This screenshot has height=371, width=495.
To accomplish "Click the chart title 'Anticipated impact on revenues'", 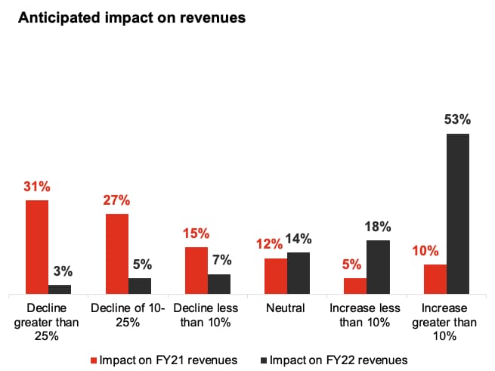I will point(131,19).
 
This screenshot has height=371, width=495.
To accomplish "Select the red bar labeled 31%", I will point(37,246).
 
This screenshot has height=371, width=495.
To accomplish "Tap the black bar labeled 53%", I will point(457,213).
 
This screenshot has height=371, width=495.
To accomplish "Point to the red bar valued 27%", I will point(117,253).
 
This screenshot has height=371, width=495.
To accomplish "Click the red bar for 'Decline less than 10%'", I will point(196,270).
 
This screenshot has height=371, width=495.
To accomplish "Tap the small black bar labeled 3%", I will point(60,288).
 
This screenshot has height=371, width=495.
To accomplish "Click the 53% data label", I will point(457,119).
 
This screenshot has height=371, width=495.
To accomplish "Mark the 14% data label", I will point(299,239).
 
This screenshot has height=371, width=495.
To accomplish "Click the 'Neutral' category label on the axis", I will point(286,308).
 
